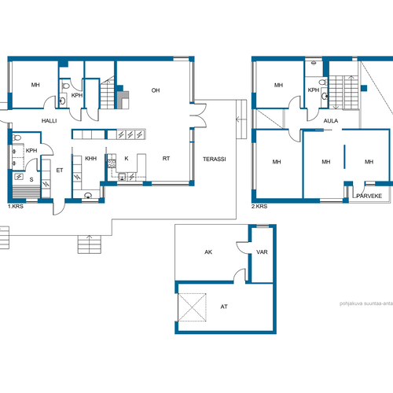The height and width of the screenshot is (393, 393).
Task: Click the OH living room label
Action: coord(156,90)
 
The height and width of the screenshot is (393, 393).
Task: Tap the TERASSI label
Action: coord(215,159)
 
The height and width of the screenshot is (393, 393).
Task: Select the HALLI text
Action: coord(50,121)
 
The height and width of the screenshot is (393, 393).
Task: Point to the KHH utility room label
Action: coord(91,159)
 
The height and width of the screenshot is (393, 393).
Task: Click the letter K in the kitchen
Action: coord(127,159)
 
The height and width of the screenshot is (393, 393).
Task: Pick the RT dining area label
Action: coord(166,159)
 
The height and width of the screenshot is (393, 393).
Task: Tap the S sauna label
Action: coord(31,179)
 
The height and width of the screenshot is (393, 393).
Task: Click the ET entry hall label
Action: coord(60,171)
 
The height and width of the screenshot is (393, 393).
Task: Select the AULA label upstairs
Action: coord(331,121)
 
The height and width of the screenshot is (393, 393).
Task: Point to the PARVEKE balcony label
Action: coord(369,196)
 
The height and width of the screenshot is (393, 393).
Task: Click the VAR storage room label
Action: coord(262,252)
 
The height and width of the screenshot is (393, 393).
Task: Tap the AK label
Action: coord(208,252)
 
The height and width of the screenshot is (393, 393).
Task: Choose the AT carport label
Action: coord(224,307)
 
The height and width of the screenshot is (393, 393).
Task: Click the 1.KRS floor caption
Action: coord(16,207)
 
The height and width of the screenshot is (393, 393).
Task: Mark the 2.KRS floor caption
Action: coord(259,207)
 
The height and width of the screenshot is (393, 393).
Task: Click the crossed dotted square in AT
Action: coord(192,307)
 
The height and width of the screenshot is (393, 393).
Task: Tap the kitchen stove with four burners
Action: coord(112,163)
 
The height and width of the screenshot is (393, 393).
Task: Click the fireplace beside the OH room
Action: coord(123,100)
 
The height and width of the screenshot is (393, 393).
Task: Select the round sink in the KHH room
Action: coord(88,195)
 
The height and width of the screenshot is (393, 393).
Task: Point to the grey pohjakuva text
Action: coord(366,303)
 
